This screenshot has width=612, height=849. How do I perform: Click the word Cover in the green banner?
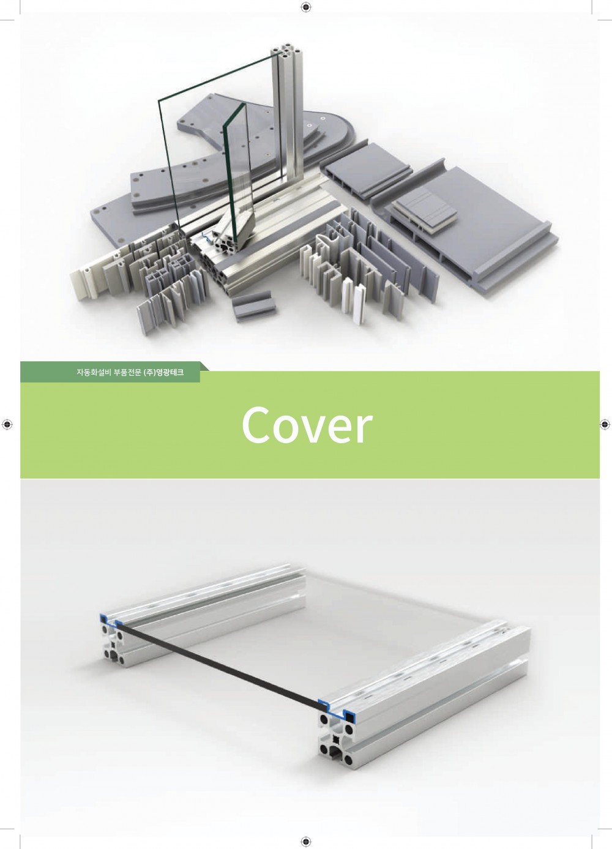(307, 425)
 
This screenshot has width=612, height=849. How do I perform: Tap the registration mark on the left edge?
(7, 425)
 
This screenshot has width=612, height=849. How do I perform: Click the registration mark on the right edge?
(605, 425)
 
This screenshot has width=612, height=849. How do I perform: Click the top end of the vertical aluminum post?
(288, 53)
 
